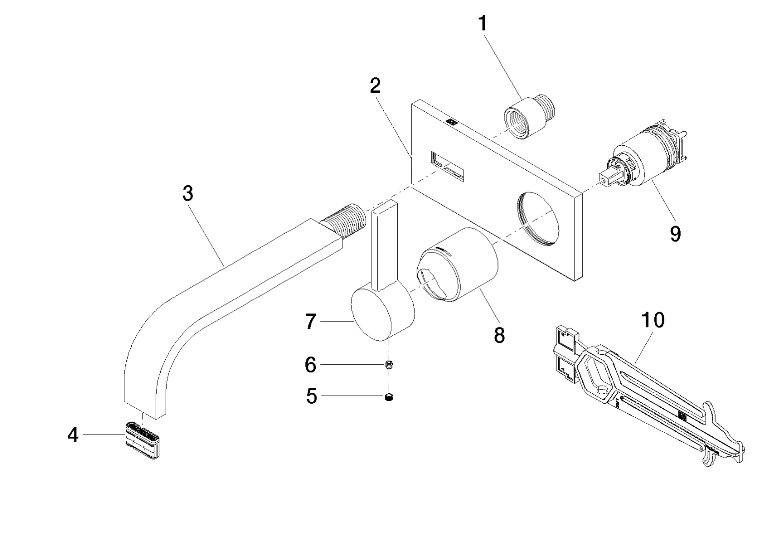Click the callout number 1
point(483,23)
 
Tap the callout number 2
point(375,86)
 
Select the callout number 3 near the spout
point(188,194)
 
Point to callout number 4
point(73,435)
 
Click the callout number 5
point(311,397)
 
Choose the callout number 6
point(310,365)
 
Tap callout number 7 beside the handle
point(310,322)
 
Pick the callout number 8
point(499,335)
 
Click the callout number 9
point(675,233)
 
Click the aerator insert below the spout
point(144,439)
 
